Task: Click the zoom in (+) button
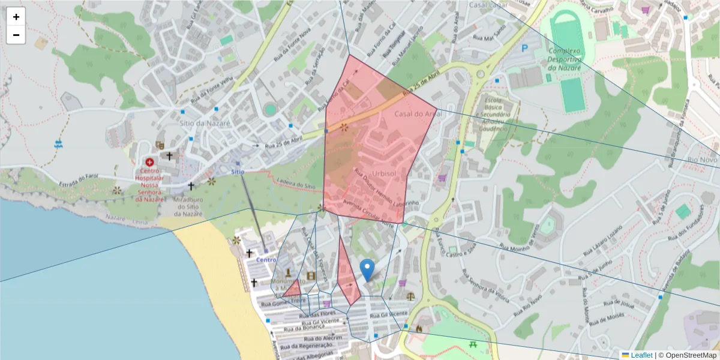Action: pos(16,17)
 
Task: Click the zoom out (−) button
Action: pos(16,35)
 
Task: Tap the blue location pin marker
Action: pos(367,270)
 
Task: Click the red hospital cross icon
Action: pos(149,162)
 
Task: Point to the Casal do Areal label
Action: pos(418,114)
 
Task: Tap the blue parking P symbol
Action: pos(525,48)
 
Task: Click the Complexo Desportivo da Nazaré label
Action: pos(565,60)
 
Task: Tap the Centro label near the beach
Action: pos(266,260)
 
